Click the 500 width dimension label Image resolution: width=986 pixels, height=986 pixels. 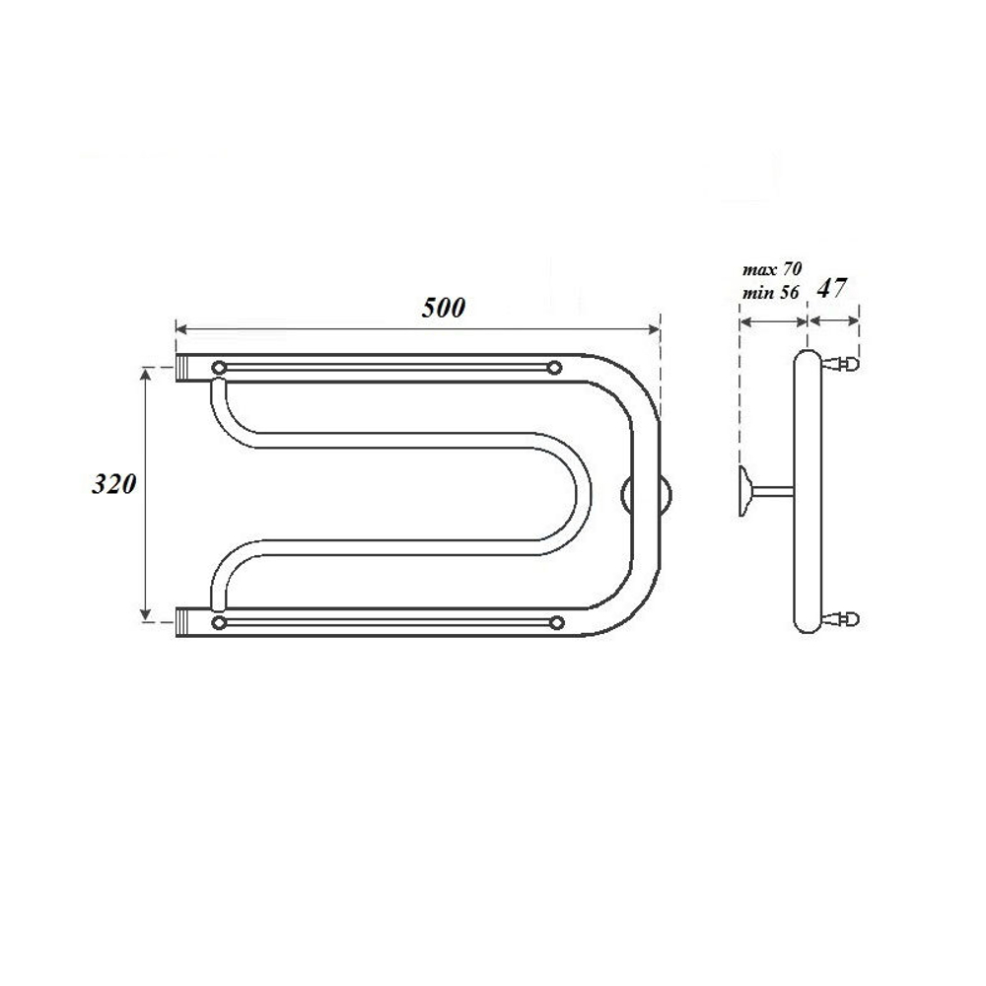443,307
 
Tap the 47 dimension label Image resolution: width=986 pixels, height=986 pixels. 833,288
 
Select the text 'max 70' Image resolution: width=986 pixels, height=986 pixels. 771,268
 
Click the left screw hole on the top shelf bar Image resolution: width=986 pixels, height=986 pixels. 218,368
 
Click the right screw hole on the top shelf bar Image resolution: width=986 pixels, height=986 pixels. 555,368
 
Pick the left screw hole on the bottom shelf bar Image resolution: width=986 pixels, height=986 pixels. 218,622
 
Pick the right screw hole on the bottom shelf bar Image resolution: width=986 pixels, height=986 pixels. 556,622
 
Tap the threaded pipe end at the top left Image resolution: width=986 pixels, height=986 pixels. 187,369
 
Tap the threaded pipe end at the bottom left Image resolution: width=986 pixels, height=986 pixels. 187,622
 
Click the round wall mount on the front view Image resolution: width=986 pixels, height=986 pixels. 647,494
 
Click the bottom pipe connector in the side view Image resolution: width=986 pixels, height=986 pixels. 844,619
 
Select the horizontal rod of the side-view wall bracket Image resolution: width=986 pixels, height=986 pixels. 774,490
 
